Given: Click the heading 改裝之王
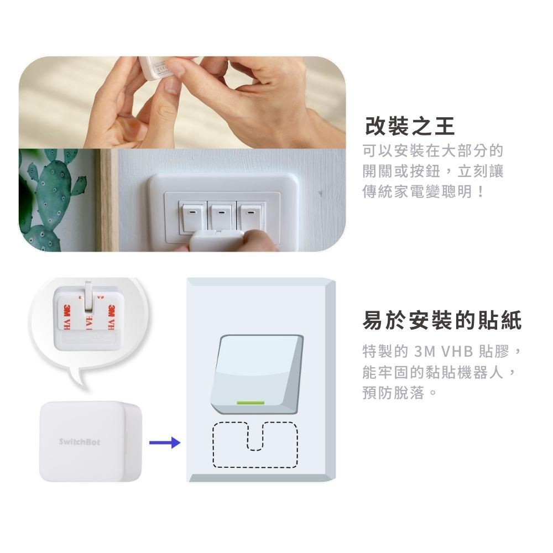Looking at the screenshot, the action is point(409,126).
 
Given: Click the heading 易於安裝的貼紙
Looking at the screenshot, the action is point(442,320).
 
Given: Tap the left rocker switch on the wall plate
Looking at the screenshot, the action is point(192,216).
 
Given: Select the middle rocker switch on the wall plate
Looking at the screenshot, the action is point(222,215).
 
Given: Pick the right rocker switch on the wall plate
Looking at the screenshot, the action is point(251,215).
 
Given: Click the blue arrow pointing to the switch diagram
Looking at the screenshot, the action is point(165,442).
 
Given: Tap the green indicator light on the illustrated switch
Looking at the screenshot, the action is point(251,403).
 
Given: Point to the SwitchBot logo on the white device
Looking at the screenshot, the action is point(80,442).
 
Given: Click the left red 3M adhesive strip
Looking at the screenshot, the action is point(67,317).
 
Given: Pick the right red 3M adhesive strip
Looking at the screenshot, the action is point(112,317).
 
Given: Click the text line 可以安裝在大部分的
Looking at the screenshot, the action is point(433,150).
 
